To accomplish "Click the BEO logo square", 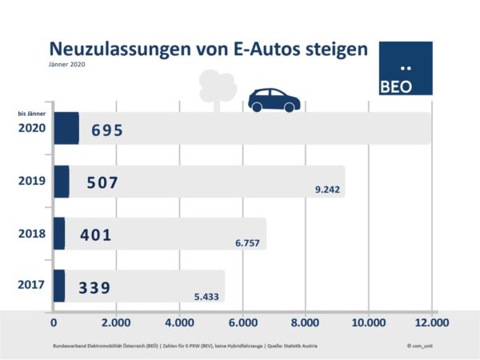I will tap(405, 69).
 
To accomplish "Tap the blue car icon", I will tap(274, 99).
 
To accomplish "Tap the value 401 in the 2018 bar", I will tap(95, 234).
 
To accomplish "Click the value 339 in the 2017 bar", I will tap(95, 286).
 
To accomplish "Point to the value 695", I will tap(107, 130).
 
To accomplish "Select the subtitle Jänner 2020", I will tap(66, 65).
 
